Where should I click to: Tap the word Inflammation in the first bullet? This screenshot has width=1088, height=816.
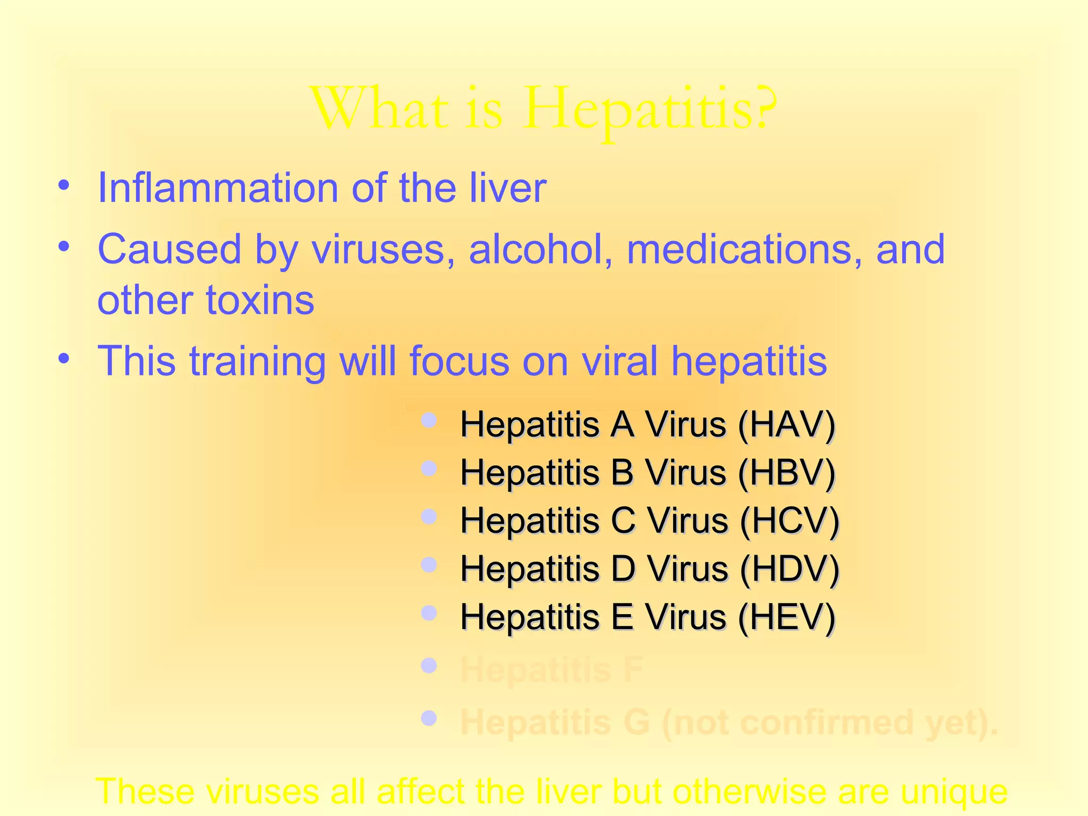(x=218, y=188)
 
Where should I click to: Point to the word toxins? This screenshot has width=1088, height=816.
(x=260, y=300)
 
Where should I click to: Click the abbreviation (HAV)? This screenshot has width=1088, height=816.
(x=787, y=424)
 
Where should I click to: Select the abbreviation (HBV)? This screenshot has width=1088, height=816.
(x=787, y=472)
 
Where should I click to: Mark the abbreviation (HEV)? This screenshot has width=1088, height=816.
(x=787, y=617)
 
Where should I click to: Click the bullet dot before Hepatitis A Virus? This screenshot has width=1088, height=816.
(x=429, y=421)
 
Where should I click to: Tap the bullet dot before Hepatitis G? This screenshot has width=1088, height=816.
(x=429, y=719)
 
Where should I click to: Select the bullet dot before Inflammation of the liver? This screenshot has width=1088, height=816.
(x=64, y=186)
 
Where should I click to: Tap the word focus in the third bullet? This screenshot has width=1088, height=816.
(x=459, y=361)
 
